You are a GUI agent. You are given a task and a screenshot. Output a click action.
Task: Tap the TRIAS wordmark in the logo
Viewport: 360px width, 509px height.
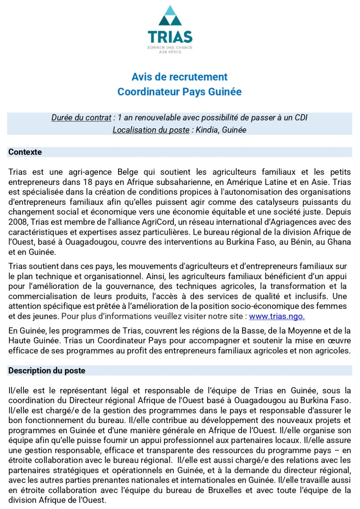click(170, 37)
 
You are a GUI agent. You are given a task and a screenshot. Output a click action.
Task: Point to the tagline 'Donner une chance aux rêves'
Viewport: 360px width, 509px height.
click(170, 50)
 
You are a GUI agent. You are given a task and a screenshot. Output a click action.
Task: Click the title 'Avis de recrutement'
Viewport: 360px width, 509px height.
click(179, 77)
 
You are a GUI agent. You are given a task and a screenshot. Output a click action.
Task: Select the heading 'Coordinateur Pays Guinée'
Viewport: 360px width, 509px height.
click(179, 92)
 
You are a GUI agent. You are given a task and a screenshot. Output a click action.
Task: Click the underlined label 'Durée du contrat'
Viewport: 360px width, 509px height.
click(81, 118)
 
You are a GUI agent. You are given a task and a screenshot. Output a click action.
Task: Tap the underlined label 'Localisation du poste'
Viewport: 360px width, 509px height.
click(151, 130)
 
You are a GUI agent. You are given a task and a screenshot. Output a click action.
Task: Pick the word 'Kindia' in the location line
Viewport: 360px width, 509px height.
click(207, 130)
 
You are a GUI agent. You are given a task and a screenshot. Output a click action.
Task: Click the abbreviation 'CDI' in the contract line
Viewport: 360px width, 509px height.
click(301, 118)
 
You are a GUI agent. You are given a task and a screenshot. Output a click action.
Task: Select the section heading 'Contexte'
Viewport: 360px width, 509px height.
click(25, 152)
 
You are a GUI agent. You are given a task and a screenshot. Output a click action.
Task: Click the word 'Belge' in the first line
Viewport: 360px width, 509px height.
click(128, 172)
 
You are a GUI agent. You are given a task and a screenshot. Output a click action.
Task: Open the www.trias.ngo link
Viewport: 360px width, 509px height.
click(276, 317)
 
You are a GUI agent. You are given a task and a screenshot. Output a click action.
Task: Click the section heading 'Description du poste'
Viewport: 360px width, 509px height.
click(47, 371)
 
